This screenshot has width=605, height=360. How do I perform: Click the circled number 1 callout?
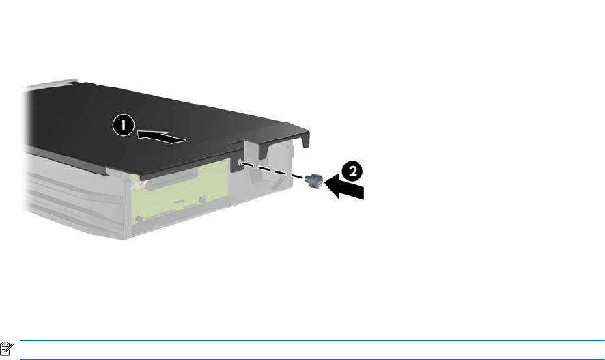tap(124, 125)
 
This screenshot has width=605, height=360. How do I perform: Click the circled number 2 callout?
tap(352, 171)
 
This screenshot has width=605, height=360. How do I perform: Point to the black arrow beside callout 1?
tap(162, 137)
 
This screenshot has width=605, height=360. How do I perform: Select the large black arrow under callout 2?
tap(344, 186)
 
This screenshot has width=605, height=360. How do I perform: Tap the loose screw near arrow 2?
tap(313, 180)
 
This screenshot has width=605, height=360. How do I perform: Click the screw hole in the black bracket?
tap(240, 163)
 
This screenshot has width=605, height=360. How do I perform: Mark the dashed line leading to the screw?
tap(272, 171)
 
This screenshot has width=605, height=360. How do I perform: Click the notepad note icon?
tap(7, 348)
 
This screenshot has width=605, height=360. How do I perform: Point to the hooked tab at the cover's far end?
tap(305, 139)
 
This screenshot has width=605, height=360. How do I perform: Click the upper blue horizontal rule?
tap(313, 341)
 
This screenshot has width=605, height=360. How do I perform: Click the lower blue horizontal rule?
tap(313, 359)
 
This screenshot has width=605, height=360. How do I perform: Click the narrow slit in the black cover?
tap(236, 142)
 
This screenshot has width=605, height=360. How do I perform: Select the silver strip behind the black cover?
tap(50, 85)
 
